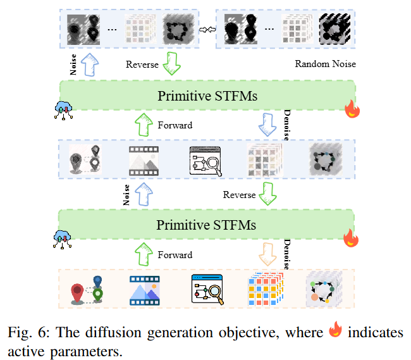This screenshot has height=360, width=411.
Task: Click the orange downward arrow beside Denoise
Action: click(x=267, y=254)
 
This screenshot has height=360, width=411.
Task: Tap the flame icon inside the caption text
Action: click(x=335, y=329)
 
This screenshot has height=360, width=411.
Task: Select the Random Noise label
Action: click(x=325, y=64)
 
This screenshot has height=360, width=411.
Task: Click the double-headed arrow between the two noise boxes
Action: click(x=207, y=29)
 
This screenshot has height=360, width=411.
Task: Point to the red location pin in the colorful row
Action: click(x=77, y=294)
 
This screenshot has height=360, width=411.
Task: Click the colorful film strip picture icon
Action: click(x=144, y=290)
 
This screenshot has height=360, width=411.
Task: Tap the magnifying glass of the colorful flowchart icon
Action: click(x=216, y=293)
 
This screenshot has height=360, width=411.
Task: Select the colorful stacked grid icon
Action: click(x=266, y=289)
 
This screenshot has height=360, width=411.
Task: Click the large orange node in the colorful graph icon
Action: click(x=314, y=297)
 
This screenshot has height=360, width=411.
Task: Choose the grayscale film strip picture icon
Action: click(x=144, y=161)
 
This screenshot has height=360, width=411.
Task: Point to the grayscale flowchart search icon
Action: click(x=205, y=161)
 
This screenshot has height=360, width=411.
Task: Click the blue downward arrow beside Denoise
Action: click(x=267, y=125)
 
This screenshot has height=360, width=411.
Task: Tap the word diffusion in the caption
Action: click(x=113, y=332)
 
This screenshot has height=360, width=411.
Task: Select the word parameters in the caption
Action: click(x=86, y=352)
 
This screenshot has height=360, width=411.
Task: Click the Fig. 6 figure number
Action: click(x=28, y=332)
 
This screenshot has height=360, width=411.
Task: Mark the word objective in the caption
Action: click(x=249, y=333)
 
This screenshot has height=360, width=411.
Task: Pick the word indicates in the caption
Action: click(x=376, y=332)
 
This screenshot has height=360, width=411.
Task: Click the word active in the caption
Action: click(x=26, y=352)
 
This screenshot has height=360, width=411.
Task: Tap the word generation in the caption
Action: click(x=180, y=333)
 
